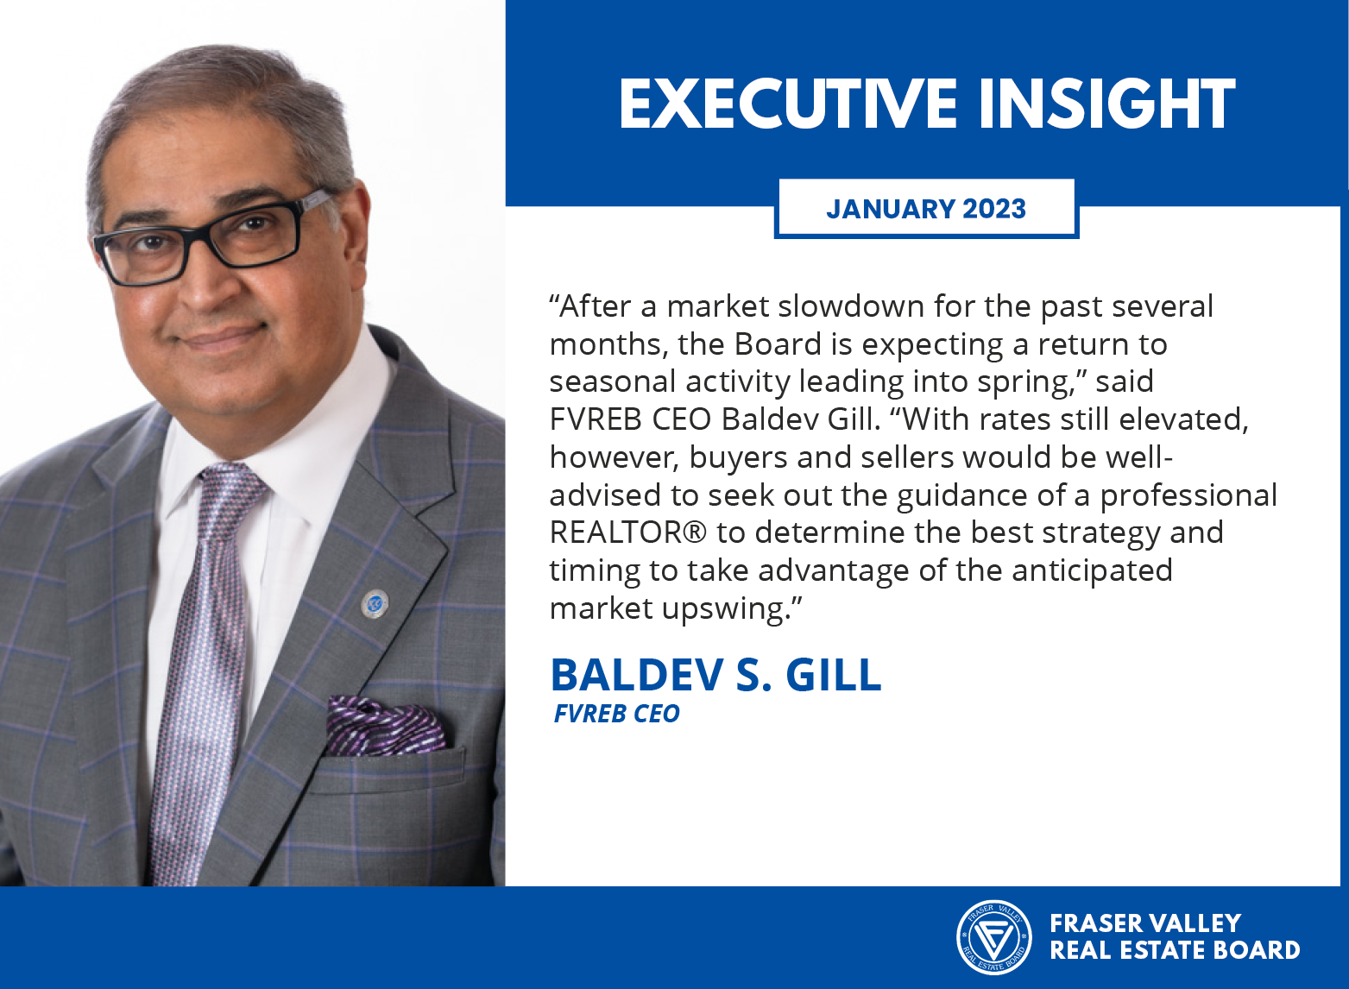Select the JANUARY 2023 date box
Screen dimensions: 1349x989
coord(926,208)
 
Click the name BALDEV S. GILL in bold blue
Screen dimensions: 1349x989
coord(716,675)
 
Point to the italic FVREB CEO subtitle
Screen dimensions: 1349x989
coord(617,714)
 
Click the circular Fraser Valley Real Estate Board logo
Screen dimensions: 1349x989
coord(993,937)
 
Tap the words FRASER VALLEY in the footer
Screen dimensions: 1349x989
coord(1145,923)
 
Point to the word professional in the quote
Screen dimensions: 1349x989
coord(1188,496)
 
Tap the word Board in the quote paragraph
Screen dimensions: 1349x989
coord(778,344)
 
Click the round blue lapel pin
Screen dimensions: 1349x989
coord(374,603)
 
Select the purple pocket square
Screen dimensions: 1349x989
coord(387,725)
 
